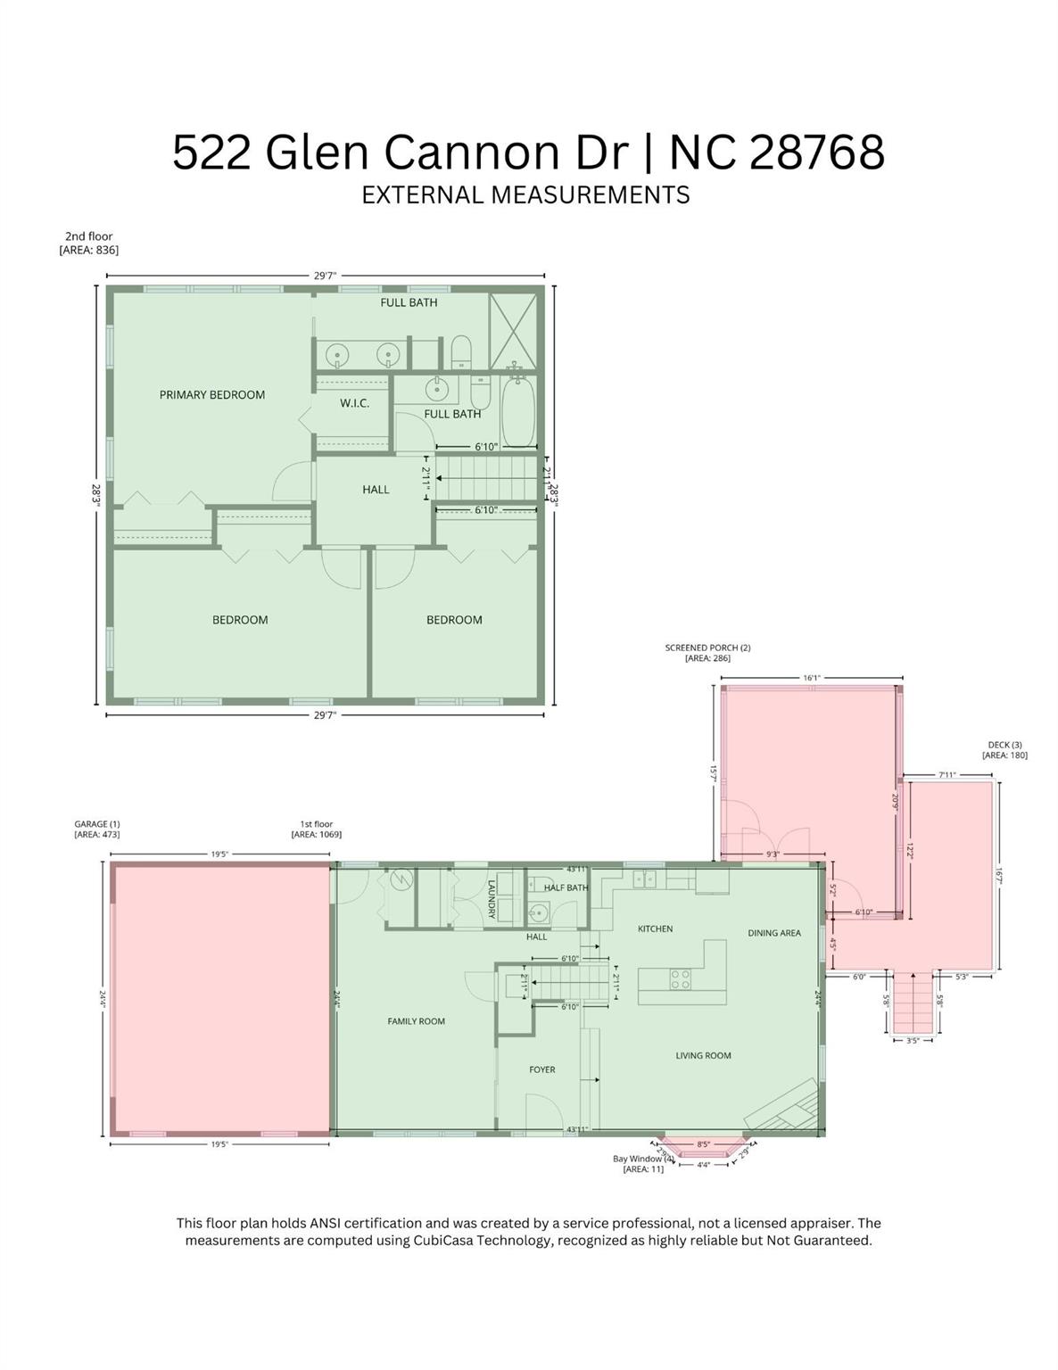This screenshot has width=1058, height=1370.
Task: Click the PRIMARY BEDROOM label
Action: [211, 394]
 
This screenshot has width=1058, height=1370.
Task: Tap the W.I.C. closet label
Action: [354, 403]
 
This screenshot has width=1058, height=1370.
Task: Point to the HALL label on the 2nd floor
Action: [376, 489]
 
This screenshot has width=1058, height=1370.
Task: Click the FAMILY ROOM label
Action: [416, 1021]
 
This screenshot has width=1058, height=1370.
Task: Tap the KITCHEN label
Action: [655, 928]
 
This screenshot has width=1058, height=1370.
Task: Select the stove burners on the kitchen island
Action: [681, 979]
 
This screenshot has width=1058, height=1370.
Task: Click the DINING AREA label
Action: [773, 933]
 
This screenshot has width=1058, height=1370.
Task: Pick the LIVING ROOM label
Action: [703, 1055]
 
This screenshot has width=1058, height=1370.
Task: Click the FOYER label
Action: [541, 1069]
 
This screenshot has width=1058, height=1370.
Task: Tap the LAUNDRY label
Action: [492, 899]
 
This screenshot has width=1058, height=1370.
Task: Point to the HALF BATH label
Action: [566, 887]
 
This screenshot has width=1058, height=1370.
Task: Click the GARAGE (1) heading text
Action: [96, 824]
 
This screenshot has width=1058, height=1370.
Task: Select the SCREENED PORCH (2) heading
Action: [707, 648]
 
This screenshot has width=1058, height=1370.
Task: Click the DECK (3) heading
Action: [1004, 745]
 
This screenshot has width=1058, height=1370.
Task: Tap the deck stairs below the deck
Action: [913, 1003]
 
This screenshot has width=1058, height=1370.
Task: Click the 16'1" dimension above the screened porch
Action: [811, 678]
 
